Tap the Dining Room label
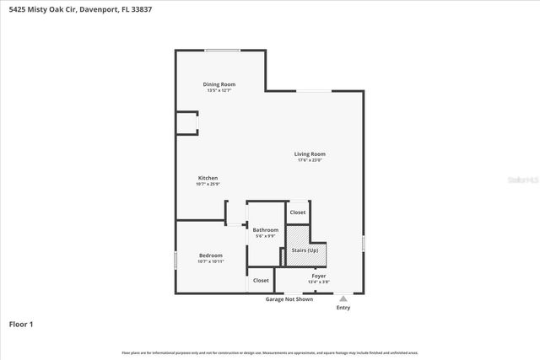pos(219,84)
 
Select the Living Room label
pos(310,154)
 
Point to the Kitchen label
pos(208,178)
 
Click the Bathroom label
pos(265,229)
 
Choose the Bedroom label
pos(210,255)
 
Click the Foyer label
pos(319,275)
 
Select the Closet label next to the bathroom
pos(297,212)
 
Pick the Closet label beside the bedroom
pos(261,280)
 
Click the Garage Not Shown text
pos(289,299)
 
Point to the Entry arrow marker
pos(343,298)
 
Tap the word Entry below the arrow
pos(343,308)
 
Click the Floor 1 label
pos(21,324)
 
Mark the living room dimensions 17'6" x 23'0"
pos(310,160)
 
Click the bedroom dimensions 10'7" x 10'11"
pos(210,261)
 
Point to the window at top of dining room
pos(223,51)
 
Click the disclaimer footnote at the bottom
pos(270,352)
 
